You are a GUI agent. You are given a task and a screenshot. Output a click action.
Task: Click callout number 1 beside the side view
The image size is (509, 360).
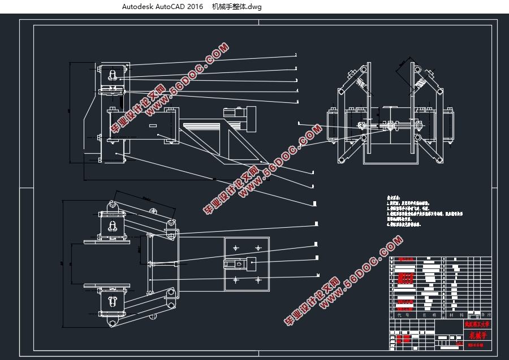coord(296,55)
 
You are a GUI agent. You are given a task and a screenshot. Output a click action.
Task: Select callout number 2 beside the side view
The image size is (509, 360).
coord(296,68)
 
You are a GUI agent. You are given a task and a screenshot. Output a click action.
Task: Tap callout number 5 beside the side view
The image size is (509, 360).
coord(297,102)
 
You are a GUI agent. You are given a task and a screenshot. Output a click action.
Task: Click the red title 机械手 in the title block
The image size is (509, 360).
coord(477,335)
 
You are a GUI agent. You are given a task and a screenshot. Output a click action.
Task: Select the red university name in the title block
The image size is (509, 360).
coord(477,324)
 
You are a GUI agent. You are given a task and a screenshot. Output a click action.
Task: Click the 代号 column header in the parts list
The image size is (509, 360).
coord(404,314)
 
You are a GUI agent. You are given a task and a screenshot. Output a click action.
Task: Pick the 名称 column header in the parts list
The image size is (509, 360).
coord(430,314)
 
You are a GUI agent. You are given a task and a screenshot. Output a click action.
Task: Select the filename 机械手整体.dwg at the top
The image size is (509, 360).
coord(237,7)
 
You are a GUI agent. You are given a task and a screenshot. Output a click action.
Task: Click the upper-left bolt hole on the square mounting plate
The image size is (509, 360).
coord(235,248)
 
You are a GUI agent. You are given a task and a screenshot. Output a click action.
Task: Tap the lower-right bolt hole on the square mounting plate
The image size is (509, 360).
coord(258,280)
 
